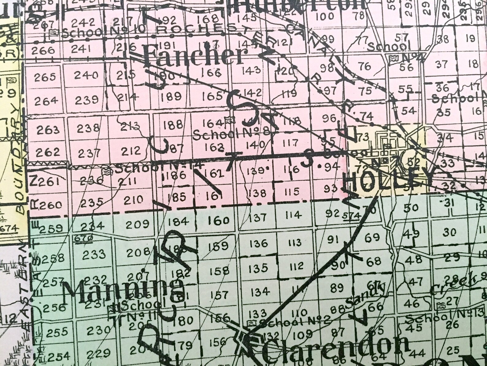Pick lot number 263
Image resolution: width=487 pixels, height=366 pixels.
[x=48, y=130]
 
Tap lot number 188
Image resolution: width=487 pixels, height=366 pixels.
[x=173, y=125]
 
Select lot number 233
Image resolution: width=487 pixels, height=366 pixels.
[x=94, y=254]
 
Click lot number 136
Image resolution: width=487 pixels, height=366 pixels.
[x=259, y=243]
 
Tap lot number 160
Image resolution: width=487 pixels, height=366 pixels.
[x=219, y=220]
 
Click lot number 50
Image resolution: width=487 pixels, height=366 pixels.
[x=411, y=208]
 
